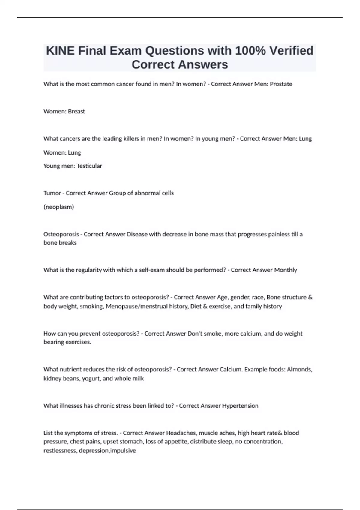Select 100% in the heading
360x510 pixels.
250,51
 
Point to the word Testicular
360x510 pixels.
89,166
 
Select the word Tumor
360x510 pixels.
52,193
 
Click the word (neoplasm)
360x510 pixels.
59,207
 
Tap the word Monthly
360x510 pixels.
286,270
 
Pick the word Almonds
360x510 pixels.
299,369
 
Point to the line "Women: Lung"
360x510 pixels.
62,152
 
